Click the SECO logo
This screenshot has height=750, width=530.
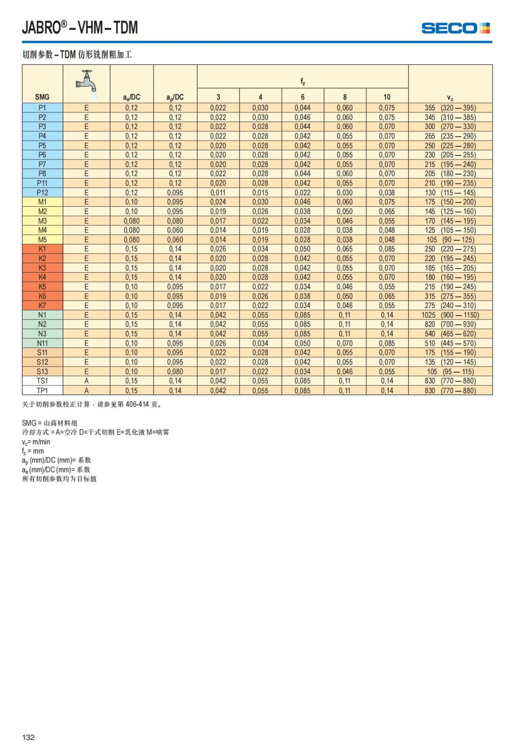(455, 28)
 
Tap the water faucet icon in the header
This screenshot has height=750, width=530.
(86, 84)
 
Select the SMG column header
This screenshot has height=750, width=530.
(42, 97)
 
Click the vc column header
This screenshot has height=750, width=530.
(450, 98)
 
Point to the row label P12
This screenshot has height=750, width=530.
(42, 193)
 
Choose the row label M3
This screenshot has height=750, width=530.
(42, 221)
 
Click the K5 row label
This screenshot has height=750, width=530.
(42, 287)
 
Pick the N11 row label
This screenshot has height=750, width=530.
(42, 343)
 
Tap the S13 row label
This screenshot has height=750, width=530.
(42, 372)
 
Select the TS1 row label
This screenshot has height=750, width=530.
(42, 381)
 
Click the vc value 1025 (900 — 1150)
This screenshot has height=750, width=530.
(450, 315)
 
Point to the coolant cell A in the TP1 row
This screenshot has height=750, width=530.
(87, 391)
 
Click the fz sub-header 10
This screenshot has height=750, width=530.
(387, 97)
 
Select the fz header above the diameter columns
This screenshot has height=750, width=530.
(303, 82)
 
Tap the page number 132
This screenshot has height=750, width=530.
(28, 737)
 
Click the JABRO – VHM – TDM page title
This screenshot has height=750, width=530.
(80, 28)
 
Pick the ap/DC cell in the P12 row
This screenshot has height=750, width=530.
(175, 193)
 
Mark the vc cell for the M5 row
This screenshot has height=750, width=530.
(450, 240)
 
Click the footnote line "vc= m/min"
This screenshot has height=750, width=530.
(36, 442)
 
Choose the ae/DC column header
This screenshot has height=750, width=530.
(132, 97)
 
